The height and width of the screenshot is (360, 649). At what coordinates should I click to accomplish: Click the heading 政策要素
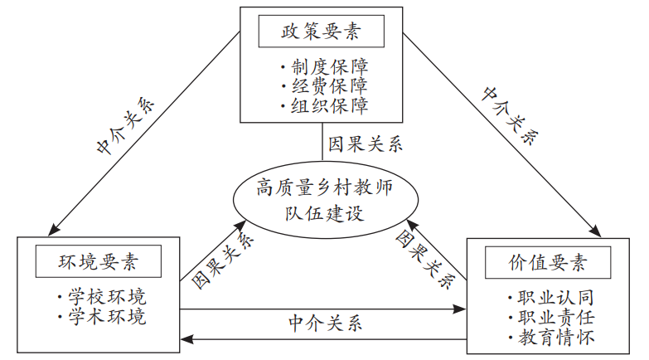[322, 33]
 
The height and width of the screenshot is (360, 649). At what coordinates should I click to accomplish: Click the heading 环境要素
[98, 263]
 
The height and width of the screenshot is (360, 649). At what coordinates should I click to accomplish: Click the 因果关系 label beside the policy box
[366, 144]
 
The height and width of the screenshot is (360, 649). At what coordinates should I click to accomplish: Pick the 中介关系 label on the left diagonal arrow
[125, 127]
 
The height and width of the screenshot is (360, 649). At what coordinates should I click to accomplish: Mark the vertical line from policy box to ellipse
[322, 141]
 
